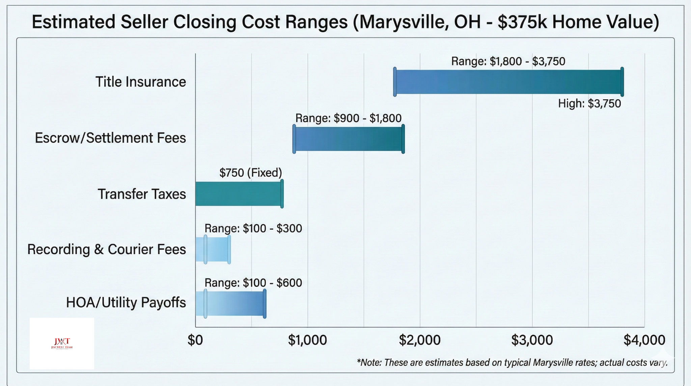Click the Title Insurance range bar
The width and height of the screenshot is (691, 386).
508,82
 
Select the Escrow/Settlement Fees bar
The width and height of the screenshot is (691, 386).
349,139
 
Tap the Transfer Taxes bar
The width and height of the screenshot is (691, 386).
238,194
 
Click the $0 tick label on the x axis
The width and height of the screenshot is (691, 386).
195,340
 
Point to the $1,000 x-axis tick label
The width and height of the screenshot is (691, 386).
307,340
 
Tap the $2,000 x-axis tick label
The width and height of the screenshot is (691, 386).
420,340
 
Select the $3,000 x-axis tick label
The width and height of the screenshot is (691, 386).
532,340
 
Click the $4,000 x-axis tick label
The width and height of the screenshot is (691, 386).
644,340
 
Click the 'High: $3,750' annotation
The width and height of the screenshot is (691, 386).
589,103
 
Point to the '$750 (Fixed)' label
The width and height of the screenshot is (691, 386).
250,173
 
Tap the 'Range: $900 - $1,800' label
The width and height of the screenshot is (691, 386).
348,118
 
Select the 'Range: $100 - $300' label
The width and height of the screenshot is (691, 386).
253,229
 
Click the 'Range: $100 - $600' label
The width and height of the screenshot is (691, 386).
253,283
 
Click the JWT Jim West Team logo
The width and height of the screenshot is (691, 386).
62,343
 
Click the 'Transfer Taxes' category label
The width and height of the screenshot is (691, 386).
142,194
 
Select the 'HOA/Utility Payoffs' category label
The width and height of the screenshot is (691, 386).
126,303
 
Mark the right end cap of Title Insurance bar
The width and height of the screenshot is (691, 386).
622,82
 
